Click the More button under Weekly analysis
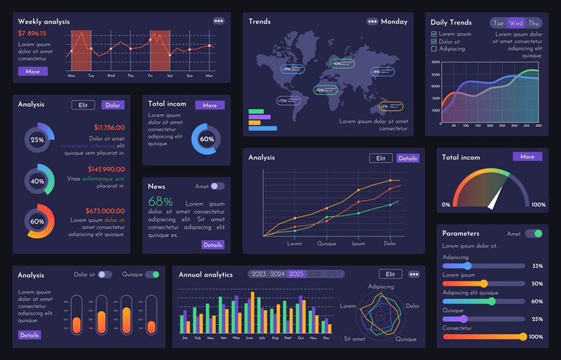pyautogui.click(x=32, y=72)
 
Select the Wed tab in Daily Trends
pyautogui.click(x=516, y=23)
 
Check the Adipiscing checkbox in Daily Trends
pyautogui.click(x=434, y=49)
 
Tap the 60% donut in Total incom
pyautogui.click(x=207, y=139)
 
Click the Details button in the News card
pyautogui.click(x=212, y=245)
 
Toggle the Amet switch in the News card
pyautogui.click(x=217, y=186)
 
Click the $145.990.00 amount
pyautogui.click(x=106, y=169)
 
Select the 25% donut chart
pyautogui.click(x=37, y=139)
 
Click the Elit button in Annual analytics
pyautogui.click(x=390, y=274)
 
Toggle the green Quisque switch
pyautogui.click(x=152, y=274)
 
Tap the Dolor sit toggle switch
pyautogui.click(x=104, y=274)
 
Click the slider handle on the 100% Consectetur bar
pyautogui.click(x=522, y=337)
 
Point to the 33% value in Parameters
pyautogui.click(x=537, y=266)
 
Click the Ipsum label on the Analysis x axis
pyautogui.click(x=358, y=244)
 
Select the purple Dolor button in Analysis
pyautogui.click(x=113, y=105)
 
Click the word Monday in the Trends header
pyautogui.click(x=394, y=22)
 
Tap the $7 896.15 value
pyautogui.click(x=32, y=34)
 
